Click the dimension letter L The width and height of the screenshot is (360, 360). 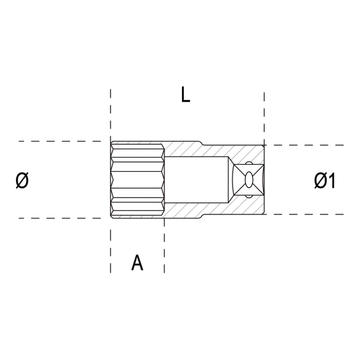[185, 95]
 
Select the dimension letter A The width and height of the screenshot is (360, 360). [137, 263]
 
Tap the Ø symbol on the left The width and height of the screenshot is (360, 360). [22, 180]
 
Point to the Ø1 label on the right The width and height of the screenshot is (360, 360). [325, 181]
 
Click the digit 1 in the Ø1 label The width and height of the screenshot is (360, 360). [332, 181]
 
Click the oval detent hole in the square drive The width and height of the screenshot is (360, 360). [249, 180]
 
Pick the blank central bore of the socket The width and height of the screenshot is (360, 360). [194, 180]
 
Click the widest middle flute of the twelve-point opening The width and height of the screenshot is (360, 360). [137, 180]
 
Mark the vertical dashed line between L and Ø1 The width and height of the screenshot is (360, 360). [264, 115]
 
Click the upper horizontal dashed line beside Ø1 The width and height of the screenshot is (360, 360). [307, 145]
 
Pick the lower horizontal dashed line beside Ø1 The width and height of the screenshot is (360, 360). [307, 215]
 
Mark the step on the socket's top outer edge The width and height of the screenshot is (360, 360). [201, 143]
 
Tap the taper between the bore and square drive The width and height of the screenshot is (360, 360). [229, 180]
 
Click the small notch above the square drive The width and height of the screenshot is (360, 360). [249, 164]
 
